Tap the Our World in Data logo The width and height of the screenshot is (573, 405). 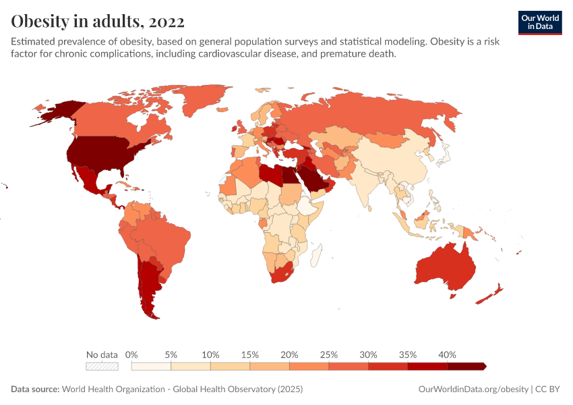click(x=539, y=22)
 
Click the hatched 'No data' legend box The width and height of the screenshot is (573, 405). click(x=102, y=366)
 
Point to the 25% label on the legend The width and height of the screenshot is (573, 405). click(x=328, y=354)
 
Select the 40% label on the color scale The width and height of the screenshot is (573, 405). click(x=447, y=354)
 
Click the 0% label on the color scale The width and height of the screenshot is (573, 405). click(x=132, y=354)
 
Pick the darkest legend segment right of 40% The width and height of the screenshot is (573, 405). click(x=465, y=366)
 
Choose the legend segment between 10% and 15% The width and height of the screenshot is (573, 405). click(x=230, y=366)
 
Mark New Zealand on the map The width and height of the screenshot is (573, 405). click(x=489, y=294)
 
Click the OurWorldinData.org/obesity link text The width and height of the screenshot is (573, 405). click(x=473, y=389)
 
